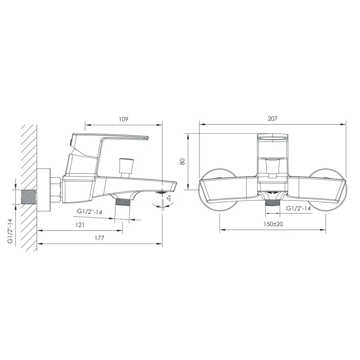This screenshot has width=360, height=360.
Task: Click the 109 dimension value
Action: (x=123, y=120)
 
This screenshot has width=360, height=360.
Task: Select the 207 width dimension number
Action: (x=273, y=119)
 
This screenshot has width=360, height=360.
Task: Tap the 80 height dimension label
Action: (x=182, y=161)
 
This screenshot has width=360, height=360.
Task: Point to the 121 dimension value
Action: (x=80, y=225)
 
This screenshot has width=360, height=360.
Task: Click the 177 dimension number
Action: (x=99, y=238)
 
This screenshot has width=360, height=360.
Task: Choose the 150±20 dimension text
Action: (x=273, y=224)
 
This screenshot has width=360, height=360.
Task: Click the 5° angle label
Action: (x=169, y=198)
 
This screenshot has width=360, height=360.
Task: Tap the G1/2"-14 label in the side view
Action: (x=89, y=211)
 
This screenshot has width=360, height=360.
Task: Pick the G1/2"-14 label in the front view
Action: (x=298, y=208)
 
